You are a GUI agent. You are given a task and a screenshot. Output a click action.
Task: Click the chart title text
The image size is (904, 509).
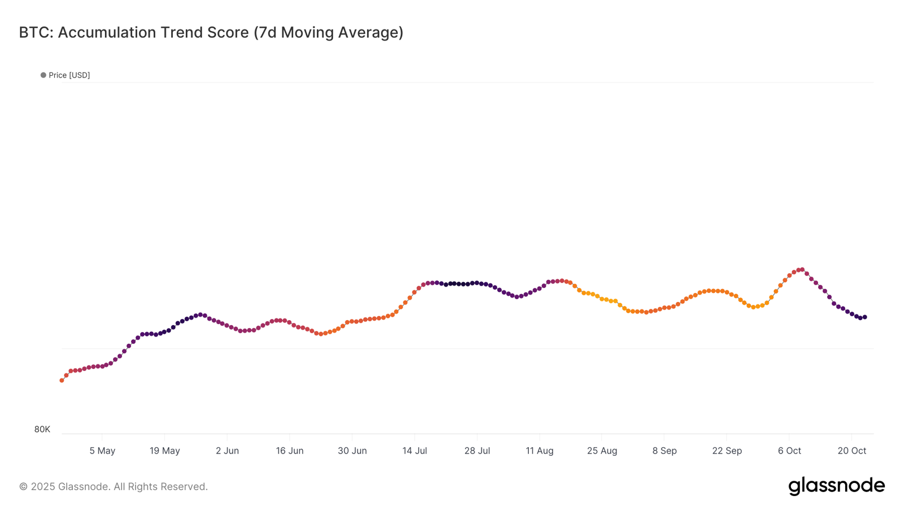pyautogui.click(x=211, y=33)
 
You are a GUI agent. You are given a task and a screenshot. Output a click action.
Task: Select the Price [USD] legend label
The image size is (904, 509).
pyautogui.click(x=69, y=75)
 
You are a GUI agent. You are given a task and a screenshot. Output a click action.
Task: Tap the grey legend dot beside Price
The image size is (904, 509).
pyautogui.click(x=44, y=75)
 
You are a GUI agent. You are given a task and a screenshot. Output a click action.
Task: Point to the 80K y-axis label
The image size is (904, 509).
pyautogui.click(x=42, y=429)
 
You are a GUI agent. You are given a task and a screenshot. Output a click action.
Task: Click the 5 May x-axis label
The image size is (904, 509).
pyautogui.click(x=102, y=451)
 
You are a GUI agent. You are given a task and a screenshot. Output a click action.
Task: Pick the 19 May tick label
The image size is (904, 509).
pyautogui.click(x=164, y=451)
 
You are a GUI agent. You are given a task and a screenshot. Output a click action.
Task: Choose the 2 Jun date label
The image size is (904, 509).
pyautogui.click(x=227, y=451)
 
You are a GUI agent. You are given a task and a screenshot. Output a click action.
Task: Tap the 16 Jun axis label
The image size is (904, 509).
pyautogui.click(x=289, y=451)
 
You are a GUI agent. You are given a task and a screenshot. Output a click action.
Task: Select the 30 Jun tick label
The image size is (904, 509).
pyautogui.click(x=352, y=451)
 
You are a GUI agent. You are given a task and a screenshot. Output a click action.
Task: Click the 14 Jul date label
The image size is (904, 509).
pyautogui.click(x=415, y=451)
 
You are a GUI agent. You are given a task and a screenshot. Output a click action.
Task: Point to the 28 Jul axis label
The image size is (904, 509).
pyautogui.click(x=477, y=451)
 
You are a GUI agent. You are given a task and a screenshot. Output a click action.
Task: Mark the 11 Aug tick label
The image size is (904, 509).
pyautogui.click(x=540, y=451)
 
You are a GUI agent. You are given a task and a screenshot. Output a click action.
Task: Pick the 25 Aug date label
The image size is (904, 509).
pyautogui.click(x=602, y=451)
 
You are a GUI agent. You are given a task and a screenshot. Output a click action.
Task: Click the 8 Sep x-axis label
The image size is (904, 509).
pyautogui.click(x=664, y=451)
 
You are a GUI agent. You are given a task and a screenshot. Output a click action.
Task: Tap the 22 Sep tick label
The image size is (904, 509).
pyautogui.click(x=727, y=451)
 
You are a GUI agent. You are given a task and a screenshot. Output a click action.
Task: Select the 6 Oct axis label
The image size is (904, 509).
pyautogui.click(x=789, y=451)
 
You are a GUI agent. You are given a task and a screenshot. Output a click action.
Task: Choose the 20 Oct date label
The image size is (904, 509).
pyautogui.click(x=851, y=451)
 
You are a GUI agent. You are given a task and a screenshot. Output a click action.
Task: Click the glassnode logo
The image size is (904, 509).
pyautogui.click(x=836, y=486)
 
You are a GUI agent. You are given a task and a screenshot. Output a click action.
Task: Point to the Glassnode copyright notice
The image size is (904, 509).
pyautogui.click(x=114, y=486)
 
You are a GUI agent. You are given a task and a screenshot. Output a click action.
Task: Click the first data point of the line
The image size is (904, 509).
pyautogui.click(x=62, y=381)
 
